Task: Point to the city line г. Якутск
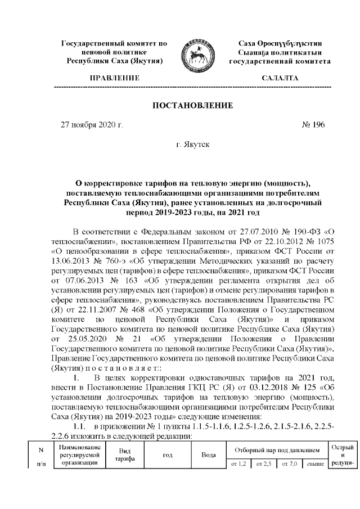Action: click(x=192, y=145)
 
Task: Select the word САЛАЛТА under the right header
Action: click(x=280, y=78)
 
